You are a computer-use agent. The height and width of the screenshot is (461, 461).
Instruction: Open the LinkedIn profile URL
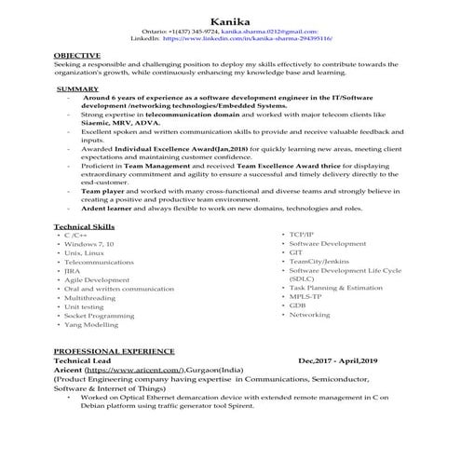[248, 41]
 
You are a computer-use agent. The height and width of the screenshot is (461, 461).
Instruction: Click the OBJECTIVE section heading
[78, 55]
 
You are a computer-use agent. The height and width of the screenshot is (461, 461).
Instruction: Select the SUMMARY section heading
[77, 88]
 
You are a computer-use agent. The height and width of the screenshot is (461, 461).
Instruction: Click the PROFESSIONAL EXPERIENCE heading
[114, 351]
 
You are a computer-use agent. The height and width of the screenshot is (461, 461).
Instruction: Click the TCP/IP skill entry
[302, 234]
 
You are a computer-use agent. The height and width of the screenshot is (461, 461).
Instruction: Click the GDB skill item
[297, 305]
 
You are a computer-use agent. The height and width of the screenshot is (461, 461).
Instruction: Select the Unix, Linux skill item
[84, 252]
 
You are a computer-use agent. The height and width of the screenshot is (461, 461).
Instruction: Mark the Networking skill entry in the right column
[310, 315]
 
